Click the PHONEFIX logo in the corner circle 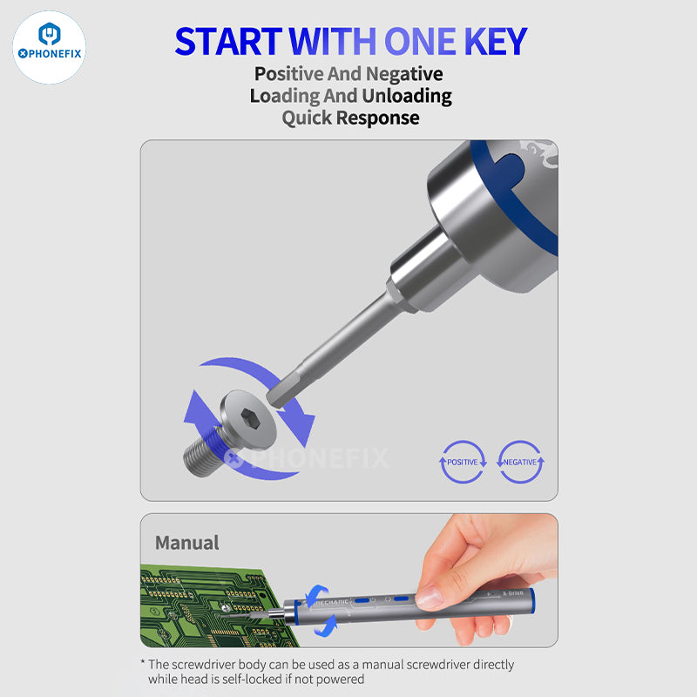[50, 48]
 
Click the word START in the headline [228, 41]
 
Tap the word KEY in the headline [496, 41]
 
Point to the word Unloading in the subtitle [407, 96]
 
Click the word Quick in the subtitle [307, 118]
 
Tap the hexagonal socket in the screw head [250, 419]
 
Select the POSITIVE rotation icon [463, 462]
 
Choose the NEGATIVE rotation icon [520, 462]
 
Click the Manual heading [186, 543]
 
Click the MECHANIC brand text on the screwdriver [329, 602]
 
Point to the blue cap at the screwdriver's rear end [531, 600]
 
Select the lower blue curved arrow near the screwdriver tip [327, 626]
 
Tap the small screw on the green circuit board [226, 607]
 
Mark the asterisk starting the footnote [143, 663]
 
